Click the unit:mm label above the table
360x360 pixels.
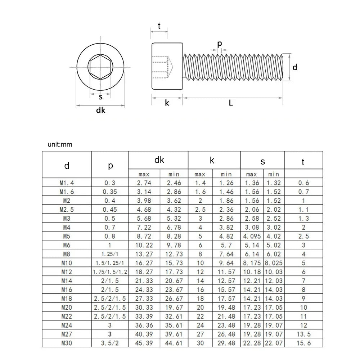(60, 144)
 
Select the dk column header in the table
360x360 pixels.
(159, 161)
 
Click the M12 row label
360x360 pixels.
(67, 272)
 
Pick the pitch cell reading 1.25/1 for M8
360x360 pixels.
(110, 254)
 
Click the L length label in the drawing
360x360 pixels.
(231, 103)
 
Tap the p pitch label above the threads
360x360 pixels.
(220, 44)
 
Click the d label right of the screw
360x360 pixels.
(295, 67)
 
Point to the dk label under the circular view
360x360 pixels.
(100, 111)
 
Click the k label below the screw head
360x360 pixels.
(167, 103)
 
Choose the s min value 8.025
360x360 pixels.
(274, 263)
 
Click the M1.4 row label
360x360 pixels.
(67, 183)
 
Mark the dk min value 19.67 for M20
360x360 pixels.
(174, 307)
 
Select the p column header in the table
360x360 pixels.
(110, 166)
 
